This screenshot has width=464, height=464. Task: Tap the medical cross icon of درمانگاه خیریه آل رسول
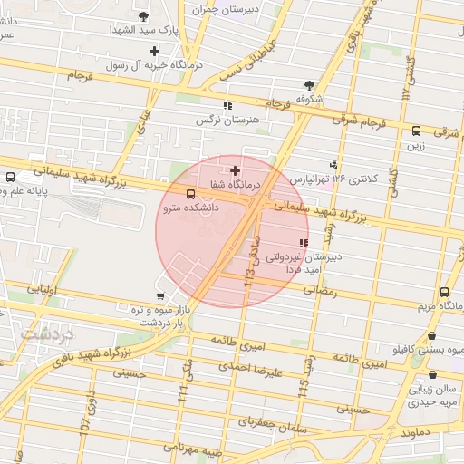pyautogui.click(x=155, y=51)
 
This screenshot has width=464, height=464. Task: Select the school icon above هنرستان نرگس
pyautogui.click(x=227, y=105)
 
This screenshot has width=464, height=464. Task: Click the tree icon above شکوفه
pyautogui.click(x=310, y=85)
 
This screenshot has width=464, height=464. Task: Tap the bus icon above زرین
pyautogui.click(x=416, y=130)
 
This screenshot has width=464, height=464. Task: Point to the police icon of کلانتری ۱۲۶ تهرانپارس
pyautogui.click(x=334, y=165)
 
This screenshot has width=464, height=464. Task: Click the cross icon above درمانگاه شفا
pyautogui.click(x=236, y=169)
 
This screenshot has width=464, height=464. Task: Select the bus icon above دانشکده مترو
pyautogui.click(x=190, y=194)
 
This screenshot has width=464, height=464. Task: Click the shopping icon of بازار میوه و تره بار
pyautogui.click(x=160, y=295)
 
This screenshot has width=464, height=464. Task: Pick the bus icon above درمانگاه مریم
pyautogui.click(x=444, y=293)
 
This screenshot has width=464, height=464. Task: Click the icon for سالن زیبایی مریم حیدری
pyautogui.click(x=431, y=374)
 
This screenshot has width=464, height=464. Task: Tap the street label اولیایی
pyautogui.click(x=43, y=290)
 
